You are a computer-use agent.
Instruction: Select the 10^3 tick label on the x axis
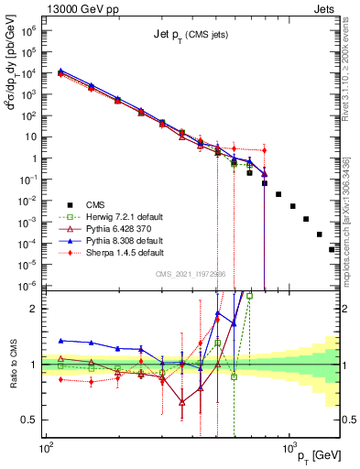(x=289, y=446)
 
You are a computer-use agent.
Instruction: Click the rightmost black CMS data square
(x=332, y=248)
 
